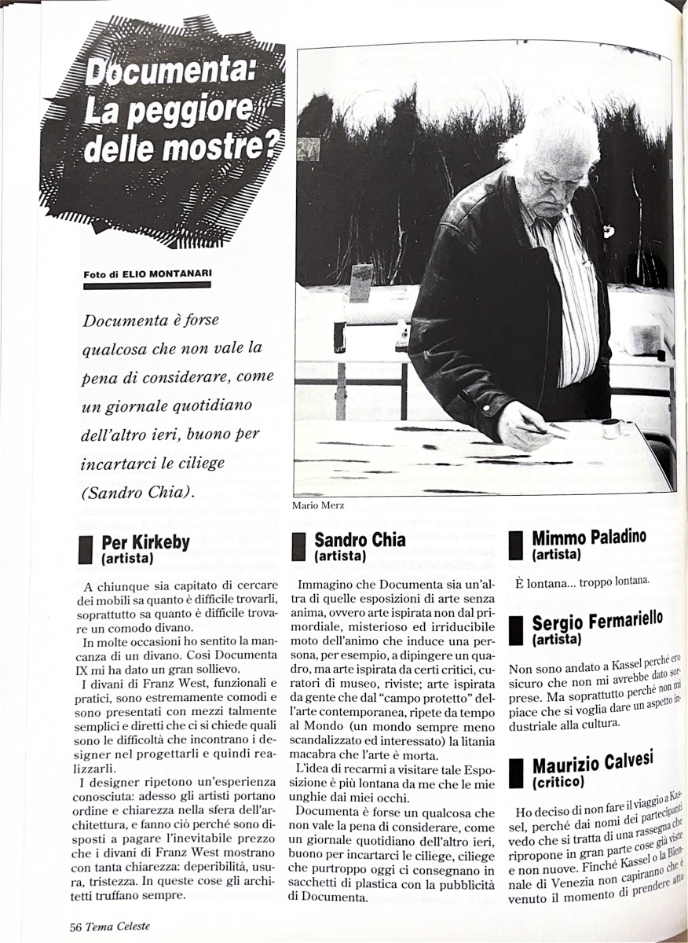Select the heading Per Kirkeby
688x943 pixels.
(x=145, y=543)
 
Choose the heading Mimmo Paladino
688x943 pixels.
(x=588, y=538)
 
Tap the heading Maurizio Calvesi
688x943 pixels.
(x=592, y=764)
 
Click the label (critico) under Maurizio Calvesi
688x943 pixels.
(x=558, y=782)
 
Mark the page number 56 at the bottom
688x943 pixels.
(x=76, y=926)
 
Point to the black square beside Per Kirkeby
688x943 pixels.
(x=86, y=549)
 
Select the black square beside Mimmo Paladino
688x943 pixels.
(x=515, y=545)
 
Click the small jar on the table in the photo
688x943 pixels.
(x=610, y=427)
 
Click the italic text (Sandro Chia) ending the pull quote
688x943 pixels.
(x=131, y=493)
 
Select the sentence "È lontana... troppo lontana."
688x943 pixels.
(x=581, y=581)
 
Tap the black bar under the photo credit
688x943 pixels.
(x=147, y=285)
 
